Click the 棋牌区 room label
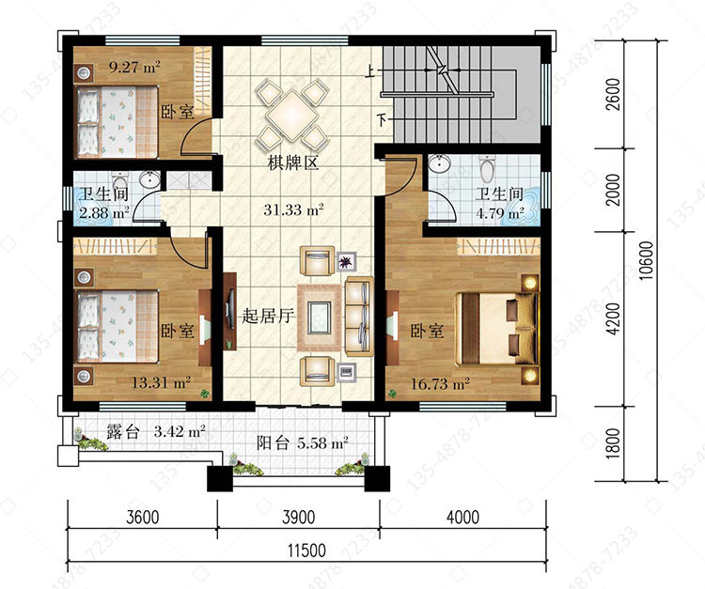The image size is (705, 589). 293,163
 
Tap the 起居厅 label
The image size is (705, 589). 269,316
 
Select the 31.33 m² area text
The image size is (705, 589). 293,209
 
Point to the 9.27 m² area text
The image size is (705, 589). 134,68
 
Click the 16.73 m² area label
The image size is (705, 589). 440,383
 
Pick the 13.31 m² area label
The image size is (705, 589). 161,382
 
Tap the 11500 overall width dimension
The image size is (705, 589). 307,550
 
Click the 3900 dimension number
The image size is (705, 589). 299,518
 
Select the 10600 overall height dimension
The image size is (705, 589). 646,260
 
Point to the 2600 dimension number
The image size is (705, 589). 612,94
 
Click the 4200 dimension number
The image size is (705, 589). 612,318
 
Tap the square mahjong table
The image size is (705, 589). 291,115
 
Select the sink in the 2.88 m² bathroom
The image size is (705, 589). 149,179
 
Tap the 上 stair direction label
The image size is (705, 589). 370,72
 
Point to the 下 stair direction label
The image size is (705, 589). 382,120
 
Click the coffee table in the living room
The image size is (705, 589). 320,318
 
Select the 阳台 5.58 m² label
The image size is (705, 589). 303,443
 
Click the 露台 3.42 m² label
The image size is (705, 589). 156,432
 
